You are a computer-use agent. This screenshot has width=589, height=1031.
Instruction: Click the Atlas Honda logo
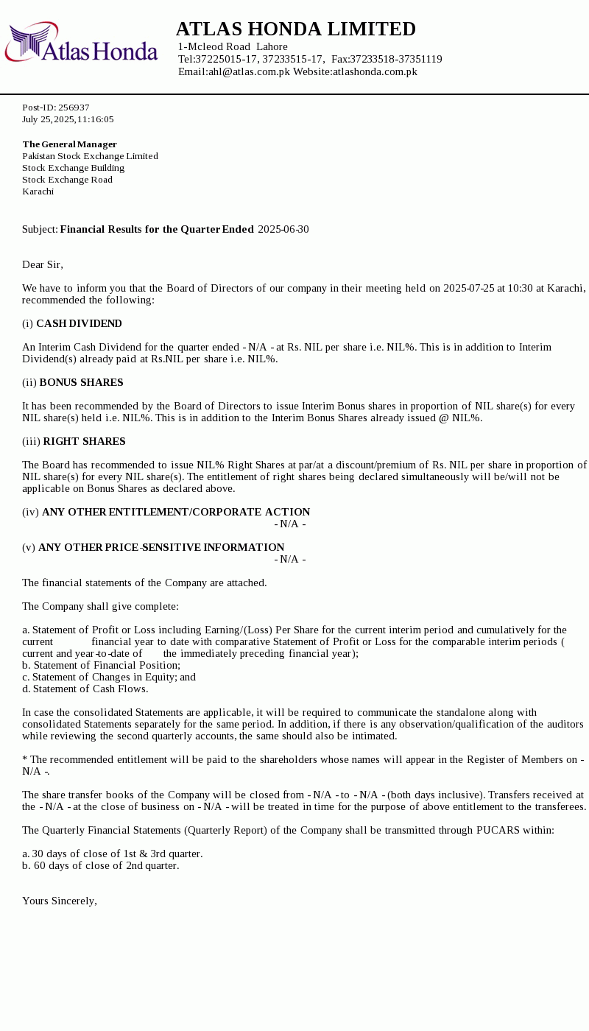[81, 43]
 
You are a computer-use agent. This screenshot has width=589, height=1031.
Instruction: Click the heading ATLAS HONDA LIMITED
[295, 29]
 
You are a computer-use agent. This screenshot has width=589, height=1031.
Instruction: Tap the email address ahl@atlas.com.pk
[249, 71]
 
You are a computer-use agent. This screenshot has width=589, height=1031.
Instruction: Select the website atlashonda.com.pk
[375, 71]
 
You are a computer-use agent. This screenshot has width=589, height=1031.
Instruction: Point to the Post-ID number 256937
[74, 108]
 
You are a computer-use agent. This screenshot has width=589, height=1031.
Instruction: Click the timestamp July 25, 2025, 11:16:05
[68, 119]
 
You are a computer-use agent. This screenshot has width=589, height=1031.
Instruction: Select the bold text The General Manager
[69, 144]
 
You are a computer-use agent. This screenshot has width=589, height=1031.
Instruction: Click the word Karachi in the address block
[38, 191]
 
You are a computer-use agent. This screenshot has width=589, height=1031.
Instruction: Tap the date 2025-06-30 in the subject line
[283, 230]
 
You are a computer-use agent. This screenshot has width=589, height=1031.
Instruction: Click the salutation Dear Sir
[42, 264]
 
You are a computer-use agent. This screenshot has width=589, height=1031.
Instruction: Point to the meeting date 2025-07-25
[468, 288]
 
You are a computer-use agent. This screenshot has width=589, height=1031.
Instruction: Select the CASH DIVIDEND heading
[79, 323]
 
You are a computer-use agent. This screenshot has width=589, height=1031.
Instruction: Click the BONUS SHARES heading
[81, 382]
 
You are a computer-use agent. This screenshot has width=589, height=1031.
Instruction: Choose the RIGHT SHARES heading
[84, 441]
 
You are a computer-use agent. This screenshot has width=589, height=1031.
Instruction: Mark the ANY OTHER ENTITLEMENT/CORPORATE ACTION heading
[175, 512]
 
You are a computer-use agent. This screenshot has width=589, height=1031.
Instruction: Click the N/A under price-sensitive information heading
[289, 559]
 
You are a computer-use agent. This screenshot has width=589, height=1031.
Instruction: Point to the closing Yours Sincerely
[59, 901]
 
